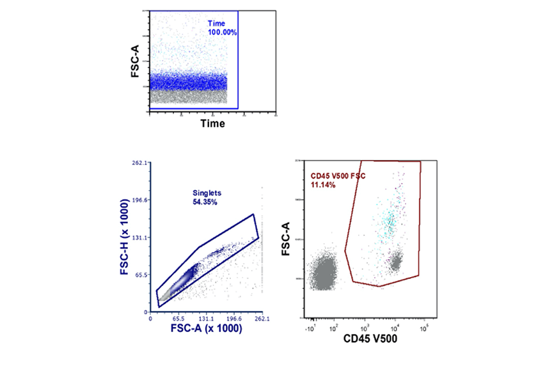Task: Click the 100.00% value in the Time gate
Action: coord(223,31)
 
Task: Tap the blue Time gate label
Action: coord(217,23)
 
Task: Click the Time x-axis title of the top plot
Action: coord(212,123)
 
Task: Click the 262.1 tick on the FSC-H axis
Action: coord(141,163)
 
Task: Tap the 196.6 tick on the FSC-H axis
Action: coord(141,200)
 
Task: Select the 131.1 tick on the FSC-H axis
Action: coord(141,237)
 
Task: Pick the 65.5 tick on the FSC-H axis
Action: coord(141,274)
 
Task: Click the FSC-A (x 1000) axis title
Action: coord(206,329)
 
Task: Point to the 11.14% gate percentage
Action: coord(323,184)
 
